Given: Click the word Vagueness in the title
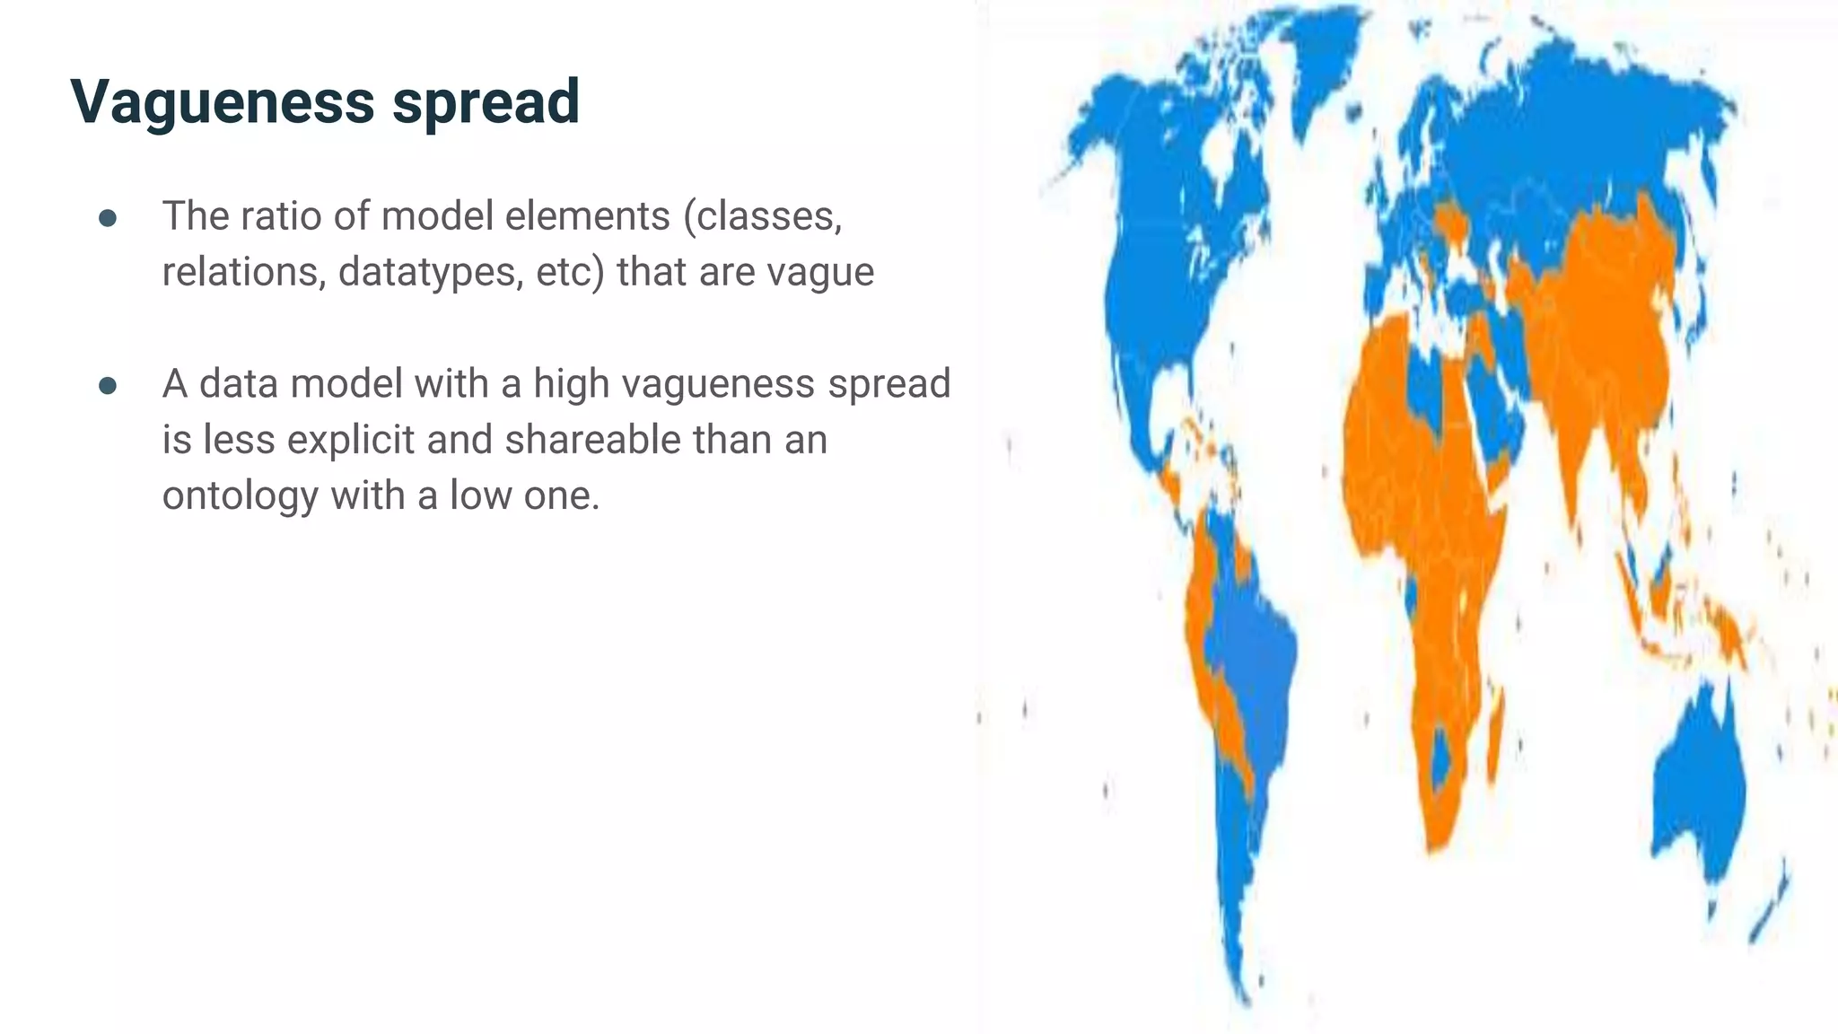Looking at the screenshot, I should [222, 101].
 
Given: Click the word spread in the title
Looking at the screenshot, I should [486, 101].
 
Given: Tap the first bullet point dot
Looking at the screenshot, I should [108, 218].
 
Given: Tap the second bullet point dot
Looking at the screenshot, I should [108, 386].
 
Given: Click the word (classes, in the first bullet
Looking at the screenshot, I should [763, 216].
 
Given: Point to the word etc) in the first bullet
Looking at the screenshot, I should [571, 272].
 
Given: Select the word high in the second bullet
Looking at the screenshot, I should [571, 384].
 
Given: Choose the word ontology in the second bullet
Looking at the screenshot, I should [240, 495].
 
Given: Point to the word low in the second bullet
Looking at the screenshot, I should [480, 495].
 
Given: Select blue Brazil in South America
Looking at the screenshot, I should [1256, 646].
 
